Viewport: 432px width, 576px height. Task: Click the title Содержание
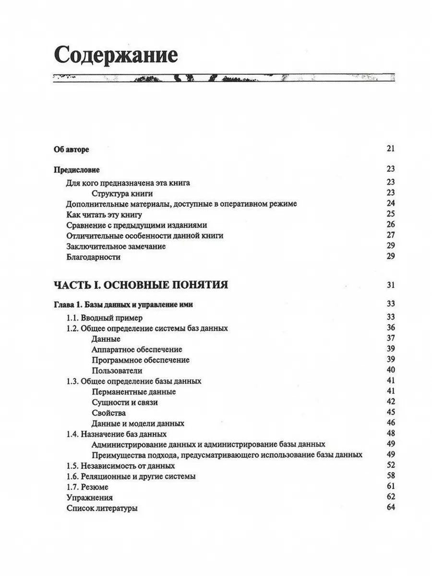click(x=116, y=55)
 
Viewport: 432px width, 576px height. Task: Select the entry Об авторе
click(x=71, y=149)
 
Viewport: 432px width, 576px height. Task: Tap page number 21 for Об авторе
click(x=390, y=148)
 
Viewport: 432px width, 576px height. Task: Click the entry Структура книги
click(x=121, y=193)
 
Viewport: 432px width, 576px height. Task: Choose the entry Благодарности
click(x=94, y=257)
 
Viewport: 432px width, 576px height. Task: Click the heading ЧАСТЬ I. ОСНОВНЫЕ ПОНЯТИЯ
click(x=141, y=285)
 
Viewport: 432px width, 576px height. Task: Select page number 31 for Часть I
click(x=390, y=285)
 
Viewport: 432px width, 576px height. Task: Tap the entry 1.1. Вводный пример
click(x=104, y=318)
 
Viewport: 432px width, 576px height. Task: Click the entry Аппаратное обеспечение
click(x=136, y=349)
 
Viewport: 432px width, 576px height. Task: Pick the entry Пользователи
click(x=117, y=371)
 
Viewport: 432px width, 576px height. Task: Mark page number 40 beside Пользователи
click(x=390, y=370)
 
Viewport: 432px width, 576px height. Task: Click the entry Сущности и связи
click(x=124, y=402)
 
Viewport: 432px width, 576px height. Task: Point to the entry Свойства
click(x=108, y=413)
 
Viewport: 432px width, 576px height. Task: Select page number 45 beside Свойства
click(x=390, y=412)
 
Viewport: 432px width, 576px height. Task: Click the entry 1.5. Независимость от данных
click(x=120, y=466)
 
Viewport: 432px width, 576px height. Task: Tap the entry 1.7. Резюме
click(x=87, y=487)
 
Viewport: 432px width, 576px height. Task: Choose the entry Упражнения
click(x=90, y=497)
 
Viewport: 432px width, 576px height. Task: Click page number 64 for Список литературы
click(x=390, y=507)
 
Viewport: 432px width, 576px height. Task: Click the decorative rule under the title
click(x=223, y=78)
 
